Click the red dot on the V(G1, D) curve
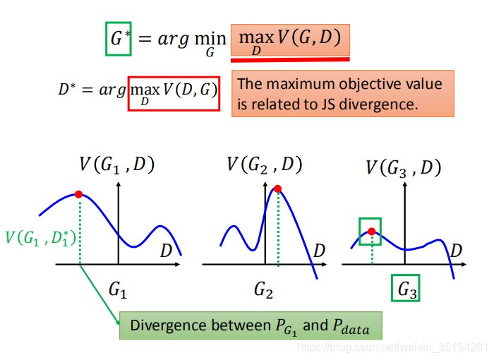(x=78, y=194)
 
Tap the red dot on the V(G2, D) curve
(x=278, y=188)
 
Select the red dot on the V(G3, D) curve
(x=371, y=231)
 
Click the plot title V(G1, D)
(x=117, y=165)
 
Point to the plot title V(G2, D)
(x=264, y=165)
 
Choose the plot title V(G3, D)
(x=403, y=168)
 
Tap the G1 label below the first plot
(x=118, y=288)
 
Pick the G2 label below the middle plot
(x=264, y=288)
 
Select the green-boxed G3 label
(x=406, y=288)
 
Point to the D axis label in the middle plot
(x=319, y=250)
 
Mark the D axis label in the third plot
(x=456, y=250)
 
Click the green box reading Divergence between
(x=250, y=326)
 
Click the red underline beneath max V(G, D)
(x=290, y=59)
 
